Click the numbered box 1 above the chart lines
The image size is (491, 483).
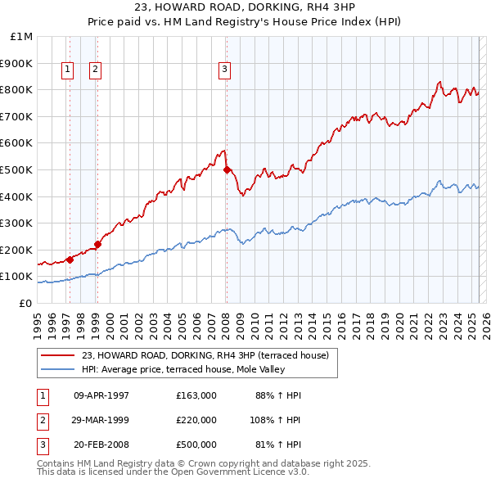point(66,70)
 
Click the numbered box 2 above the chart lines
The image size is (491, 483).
point(95,70)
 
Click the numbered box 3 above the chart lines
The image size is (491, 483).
point(224,70)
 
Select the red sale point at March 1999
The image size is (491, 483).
point(97,243)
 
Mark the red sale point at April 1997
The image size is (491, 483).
point(70,260)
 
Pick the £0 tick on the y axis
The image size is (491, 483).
point(26,303)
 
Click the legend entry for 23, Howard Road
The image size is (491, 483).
point(205,355)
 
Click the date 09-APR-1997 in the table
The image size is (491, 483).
point(101,395)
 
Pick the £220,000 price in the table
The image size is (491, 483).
point(196,420)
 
